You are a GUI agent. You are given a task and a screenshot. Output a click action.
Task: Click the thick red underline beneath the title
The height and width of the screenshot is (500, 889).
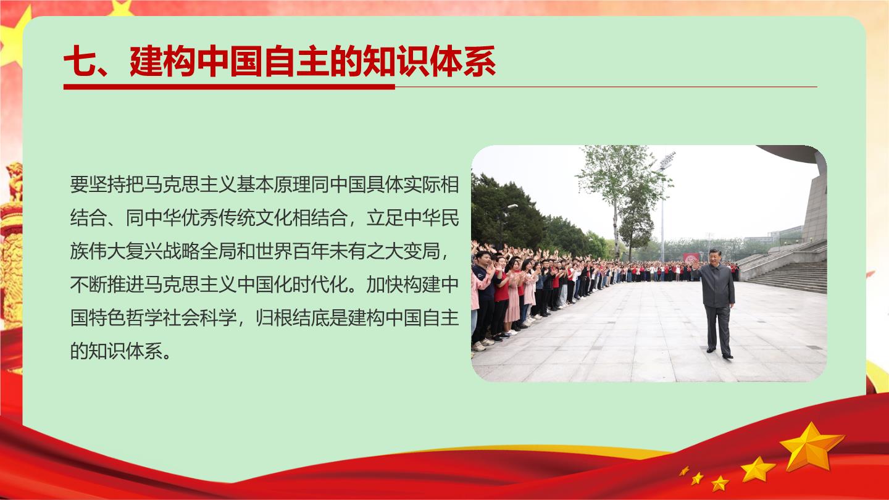coord(229,86)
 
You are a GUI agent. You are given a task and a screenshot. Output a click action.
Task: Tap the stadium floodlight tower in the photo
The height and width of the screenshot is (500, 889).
coord(663,206)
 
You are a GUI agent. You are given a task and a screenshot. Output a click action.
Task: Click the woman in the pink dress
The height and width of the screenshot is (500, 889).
coord(514,296)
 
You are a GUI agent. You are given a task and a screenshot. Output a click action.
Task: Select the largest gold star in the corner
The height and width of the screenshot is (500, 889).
coord(811,447)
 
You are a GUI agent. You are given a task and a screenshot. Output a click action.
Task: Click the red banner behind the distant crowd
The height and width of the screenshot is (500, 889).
coord(691,257)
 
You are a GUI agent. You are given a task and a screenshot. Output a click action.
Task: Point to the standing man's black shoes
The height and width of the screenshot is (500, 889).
coord(720,353)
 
